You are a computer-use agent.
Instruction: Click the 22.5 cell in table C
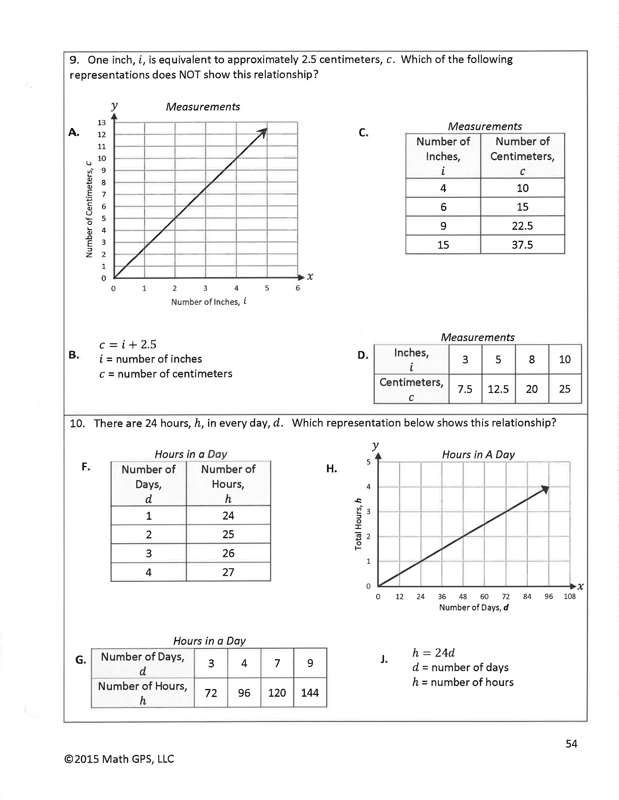[522, 226]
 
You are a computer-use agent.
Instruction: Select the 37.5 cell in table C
[522, 245]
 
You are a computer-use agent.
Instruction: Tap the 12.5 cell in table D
[498, 389]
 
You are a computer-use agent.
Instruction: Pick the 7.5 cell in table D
[465, 389]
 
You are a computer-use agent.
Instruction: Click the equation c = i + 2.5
[128, 344]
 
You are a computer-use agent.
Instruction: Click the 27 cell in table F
[228, 572]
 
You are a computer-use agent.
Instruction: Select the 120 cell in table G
[277, 693]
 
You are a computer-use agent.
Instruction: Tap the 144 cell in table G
[310, 693]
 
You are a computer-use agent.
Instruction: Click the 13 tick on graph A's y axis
[101, 123]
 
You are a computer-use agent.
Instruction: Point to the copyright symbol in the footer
[68, 759]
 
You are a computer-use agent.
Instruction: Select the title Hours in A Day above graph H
[478, 455]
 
